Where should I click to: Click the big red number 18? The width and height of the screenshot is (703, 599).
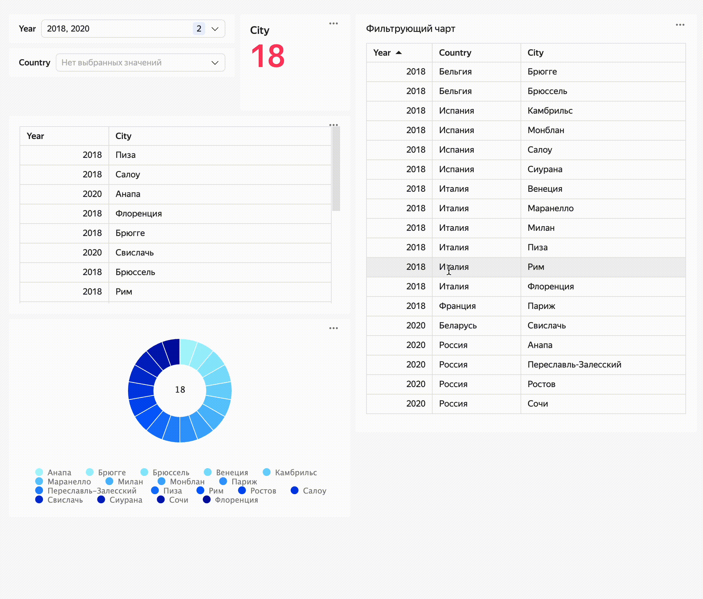pos(268,56)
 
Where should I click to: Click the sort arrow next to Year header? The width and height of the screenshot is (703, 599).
pos(399,53)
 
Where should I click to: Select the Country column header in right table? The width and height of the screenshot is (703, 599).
pos(455,53)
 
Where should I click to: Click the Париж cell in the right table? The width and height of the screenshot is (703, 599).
pos(541,306)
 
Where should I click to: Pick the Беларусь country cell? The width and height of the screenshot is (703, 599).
pos(458,326)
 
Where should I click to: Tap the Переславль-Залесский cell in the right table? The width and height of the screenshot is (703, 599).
pos(574,365)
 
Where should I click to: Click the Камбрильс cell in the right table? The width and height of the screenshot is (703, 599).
pos(550,111)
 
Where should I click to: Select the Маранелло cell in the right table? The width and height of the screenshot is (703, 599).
pos(550,208)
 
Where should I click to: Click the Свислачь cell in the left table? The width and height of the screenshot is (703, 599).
pos(134,253)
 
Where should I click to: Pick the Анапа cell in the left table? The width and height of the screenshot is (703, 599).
pos(128,194)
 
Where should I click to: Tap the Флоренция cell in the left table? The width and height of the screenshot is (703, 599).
pos(138,214)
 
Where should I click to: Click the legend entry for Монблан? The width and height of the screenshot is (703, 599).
pos(187,482)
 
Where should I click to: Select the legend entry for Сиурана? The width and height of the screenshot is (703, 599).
pos(125,500)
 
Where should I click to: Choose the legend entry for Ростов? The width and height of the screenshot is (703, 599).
pos(263,491)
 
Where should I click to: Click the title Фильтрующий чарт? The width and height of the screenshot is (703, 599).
pos(410,29)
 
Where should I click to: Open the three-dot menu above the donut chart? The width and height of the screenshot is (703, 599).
pos(333,328)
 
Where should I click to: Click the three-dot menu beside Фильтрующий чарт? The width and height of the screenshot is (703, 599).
pos(680,25)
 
